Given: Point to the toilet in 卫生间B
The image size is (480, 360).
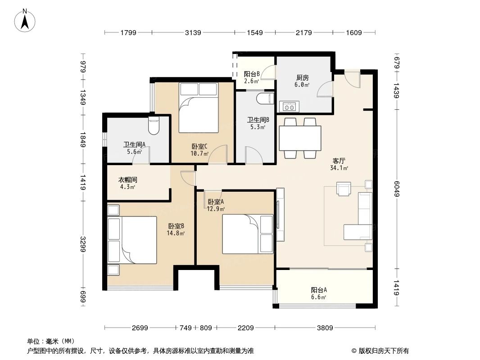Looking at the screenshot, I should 265,98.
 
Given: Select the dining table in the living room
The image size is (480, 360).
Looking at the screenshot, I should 300,138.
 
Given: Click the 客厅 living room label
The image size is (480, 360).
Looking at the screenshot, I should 339,160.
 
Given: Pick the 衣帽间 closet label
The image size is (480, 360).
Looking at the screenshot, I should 127,180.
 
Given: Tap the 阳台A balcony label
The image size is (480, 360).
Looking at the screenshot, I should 318,290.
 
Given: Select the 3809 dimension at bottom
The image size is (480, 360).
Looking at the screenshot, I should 324,328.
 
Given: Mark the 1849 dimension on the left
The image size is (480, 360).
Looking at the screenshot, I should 83,139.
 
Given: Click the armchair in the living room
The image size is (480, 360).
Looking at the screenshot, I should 344,189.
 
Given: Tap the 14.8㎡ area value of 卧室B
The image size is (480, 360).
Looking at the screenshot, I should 177,233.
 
